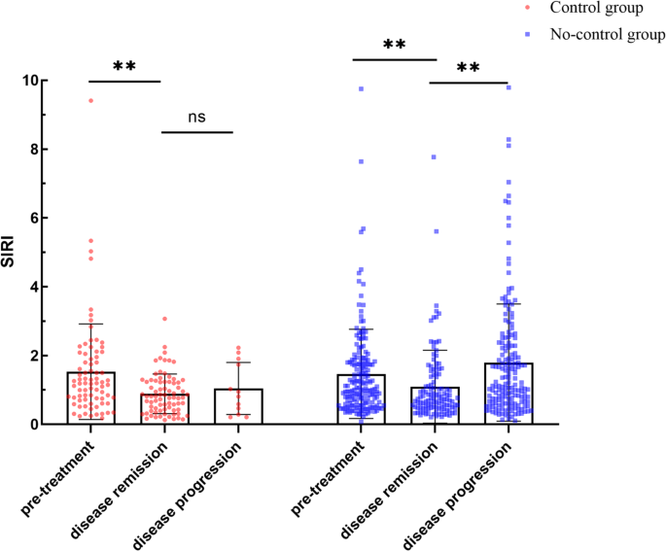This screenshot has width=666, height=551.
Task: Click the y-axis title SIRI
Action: coord(14,254)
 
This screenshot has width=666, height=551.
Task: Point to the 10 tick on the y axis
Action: coord(39,81)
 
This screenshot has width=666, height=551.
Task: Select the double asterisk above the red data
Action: coord(123,67)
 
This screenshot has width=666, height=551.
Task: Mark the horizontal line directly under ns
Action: coord(197,131)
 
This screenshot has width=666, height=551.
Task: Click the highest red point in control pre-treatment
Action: coord(91,100)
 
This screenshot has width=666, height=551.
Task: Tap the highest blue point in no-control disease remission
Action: coord(435,156)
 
